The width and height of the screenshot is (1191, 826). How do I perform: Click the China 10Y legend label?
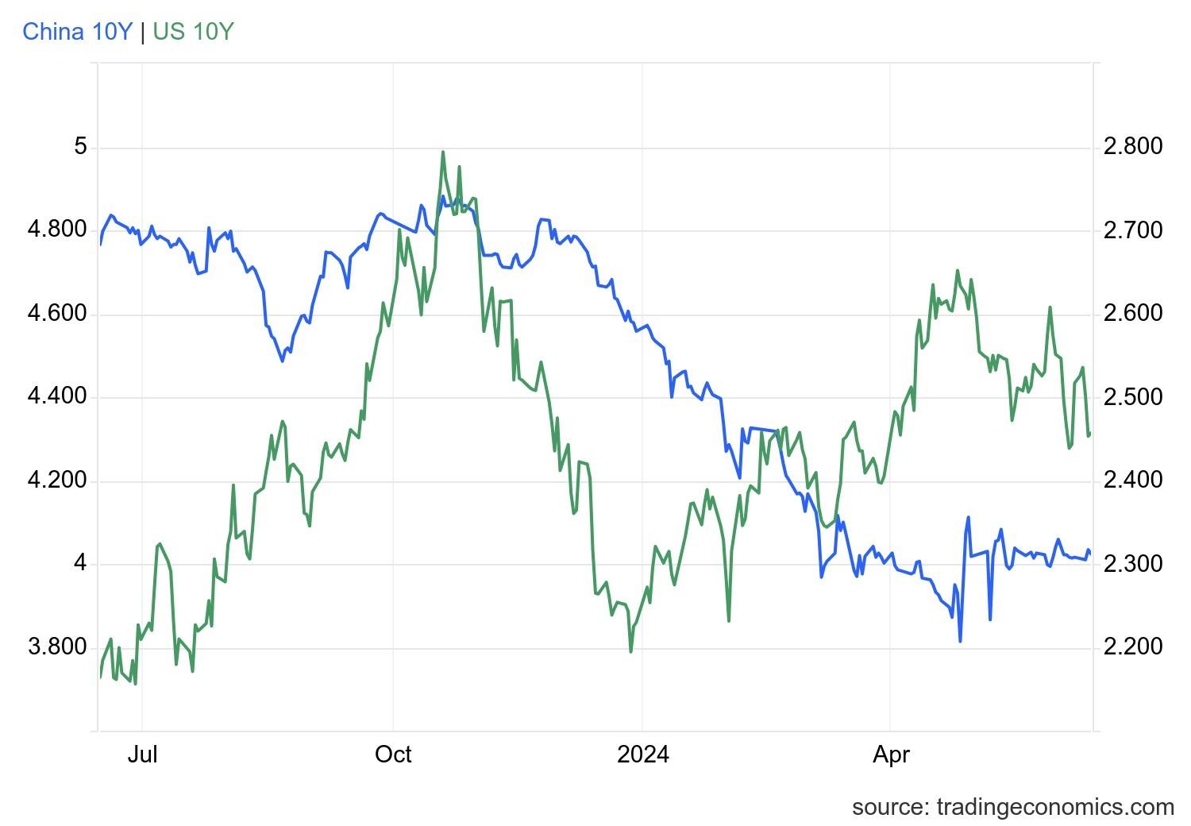pos(77,32)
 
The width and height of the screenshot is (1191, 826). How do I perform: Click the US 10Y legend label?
pos(194,32)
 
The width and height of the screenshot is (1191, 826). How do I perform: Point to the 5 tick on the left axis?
pos(80,147)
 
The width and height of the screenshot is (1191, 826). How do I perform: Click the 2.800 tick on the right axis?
pos(1133,147)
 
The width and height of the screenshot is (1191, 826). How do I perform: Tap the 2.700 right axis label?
pos(1133,230)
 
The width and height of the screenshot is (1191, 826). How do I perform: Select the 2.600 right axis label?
pos(1133,314)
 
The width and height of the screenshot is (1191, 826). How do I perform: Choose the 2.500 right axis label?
pos(1133,397)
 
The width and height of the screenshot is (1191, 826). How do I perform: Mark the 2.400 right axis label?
pos(1133,481)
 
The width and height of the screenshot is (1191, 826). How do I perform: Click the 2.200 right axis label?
pos(1133,647)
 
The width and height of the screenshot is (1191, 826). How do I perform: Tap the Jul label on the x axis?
pos(142,755)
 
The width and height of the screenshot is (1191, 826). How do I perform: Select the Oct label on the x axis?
pos(393,755)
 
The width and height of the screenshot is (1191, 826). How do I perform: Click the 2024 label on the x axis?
pos(642,755)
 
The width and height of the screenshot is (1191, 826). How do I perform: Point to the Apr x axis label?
pos(890,755)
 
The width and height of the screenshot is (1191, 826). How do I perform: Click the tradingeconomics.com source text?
pos(1012,807)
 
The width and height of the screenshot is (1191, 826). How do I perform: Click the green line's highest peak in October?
pos(442,152)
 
